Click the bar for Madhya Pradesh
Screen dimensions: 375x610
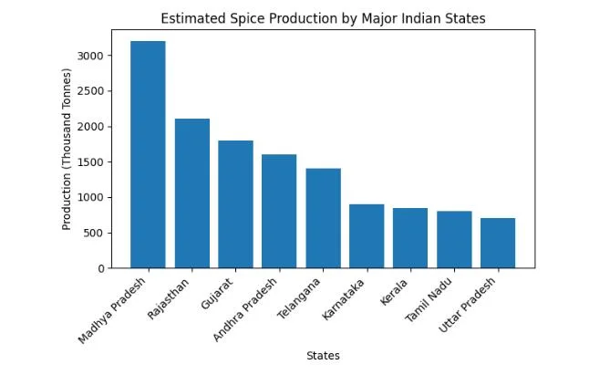[x=148, y=154]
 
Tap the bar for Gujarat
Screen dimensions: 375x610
[x=235, y=204]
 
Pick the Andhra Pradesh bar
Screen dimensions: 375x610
[x=279, y=211]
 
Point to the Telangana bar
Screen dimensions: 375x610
[x=323, y=218]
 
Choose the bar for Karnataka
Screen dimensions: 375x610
[x=367, y=236]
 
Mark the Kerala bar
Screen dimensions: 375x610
[x=410, y=238]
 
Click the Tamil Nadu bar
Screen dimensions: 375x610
[x=454, y=240]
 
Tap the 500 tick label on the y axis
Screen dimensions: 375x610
[x=101, y=233]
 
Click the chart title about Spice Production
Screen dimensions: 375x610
[x=323, y=18]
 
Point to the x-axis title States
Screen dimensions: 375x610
[x=323, y=356]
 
